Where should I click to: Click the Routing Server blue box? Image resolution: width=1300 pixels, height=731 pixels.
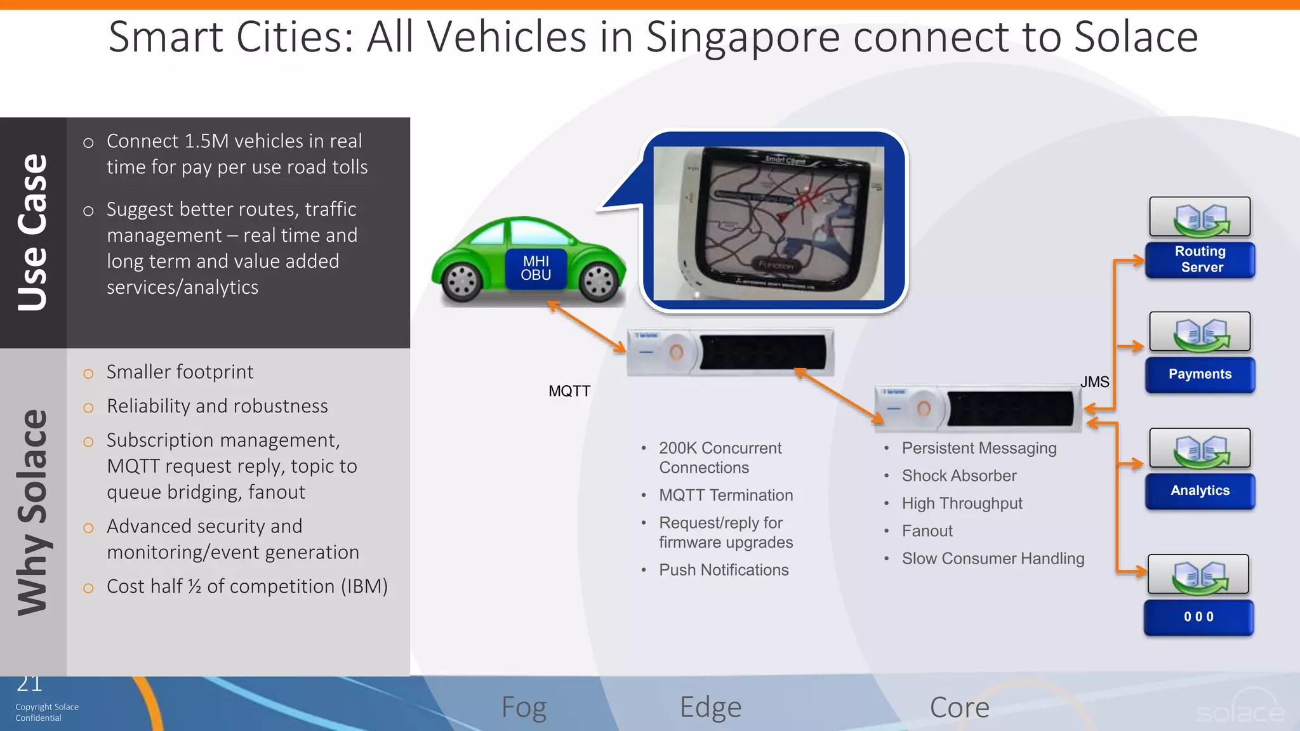pyautogui.click(x=1200, y=260)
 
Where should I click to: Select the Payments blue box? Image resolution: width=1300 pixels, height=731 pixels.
pyautogui.click(x=1200, y=374)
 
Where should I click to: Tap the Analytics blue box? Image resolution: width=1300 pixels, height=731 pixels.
pyautogui.click(x=1200, y=491)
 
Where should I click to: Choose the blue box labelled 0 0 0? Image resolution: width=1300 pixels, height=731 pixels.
pyautogui.click(x=1198, y=617)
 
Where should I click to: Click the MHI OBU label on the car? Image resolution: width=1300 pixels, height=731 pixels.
pyautogui.click(x=536, y=268)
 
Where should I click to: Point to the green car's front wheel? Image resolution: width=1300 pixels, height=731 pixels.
pyautogui.click(x=598, y=281)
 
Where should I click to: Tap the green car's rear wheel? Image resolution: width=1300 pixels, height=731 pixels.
pyautogui.click(x=462, y=281)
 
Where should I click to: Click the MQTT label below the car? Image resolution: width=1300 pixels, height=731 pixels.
pyautogui.click(x=569, y=392)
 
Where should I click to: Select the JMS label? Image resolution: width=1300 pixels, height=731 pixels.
pyautogui.click(x=1094, y=382)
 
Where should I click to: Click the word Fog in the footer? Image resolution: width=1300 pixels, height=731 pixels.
pyautogui.click(x=524, y=708)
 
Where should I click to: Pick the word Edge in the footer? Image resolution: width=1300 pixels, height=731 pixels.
pyautogui.click(x=710, y=708)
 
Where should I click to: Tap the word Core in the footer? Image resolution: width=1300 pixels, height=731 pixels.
pyautogui.click(x=959, y=708)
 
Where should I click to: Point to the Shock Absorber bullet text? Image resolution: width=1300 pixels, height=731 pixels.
pyautogui.click(x=959, y=476)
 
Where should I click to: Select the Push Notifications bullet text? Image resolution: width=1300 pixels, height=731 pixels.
pyautogui.click(x=724, y=570)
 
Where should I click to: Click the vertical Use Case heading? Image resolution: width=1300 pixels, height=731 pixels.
pyautogui.click(x=33, y=232)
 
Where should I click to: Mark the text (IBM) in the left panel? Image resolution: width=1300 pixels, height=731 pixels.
pyautogui.click(x=364, y=586)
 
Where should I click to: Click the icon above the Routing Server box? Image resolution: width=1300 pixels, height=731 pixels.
pyautogui.click(x=1200, y=217)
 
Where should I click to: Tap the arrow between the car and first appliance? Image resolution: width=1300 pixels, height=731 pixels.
pyautogui.click(x=587, y=326)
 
